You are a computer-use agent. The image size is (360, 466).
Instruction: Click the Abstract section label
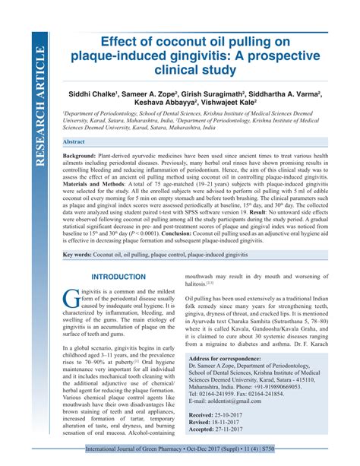click(74, 142)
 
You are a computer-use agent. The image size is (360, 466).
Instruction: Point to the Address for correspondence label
click(230, 358)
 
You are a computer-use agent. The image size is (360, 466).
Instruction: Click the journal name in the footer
click(144, 459)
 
